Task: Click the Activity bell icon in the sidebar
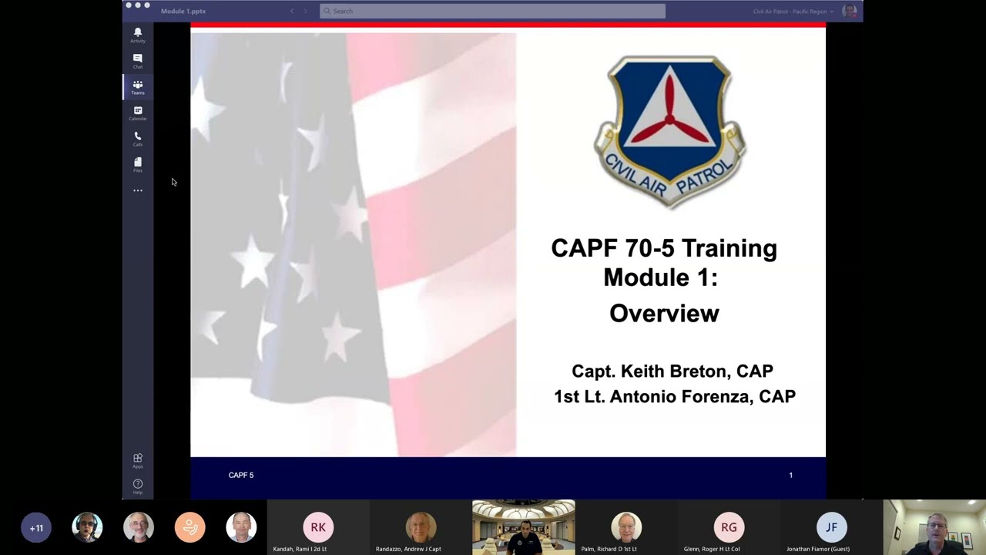tap(138, 32)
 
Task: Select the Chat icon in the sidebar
tap(138, 59)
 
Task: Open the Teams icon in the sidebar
tap(138, 86)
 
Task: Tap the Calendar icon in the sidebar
tap(138, 111)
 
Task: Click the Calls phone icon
tap(138, 137)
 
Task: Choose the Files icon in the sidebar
tap(138, 163)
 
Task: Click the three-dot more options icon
tap(138, 190)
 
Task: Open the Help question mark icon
tap(138, 485)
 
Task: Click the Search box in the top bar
tap(492, 11)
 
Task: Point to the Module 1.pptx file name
tap(183, 11)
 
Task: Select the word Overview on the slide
tap(664, 313)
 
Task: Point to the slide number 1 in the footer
tap(790, 475)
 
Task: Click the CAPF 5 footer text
tap(241, 475)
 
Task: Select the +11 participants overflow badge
tap(36, 528)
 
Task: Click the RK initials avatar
tap(318, 527)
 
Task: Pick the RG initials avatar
tap(729, 527)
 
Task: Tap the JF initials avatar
tap(831, 527)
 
